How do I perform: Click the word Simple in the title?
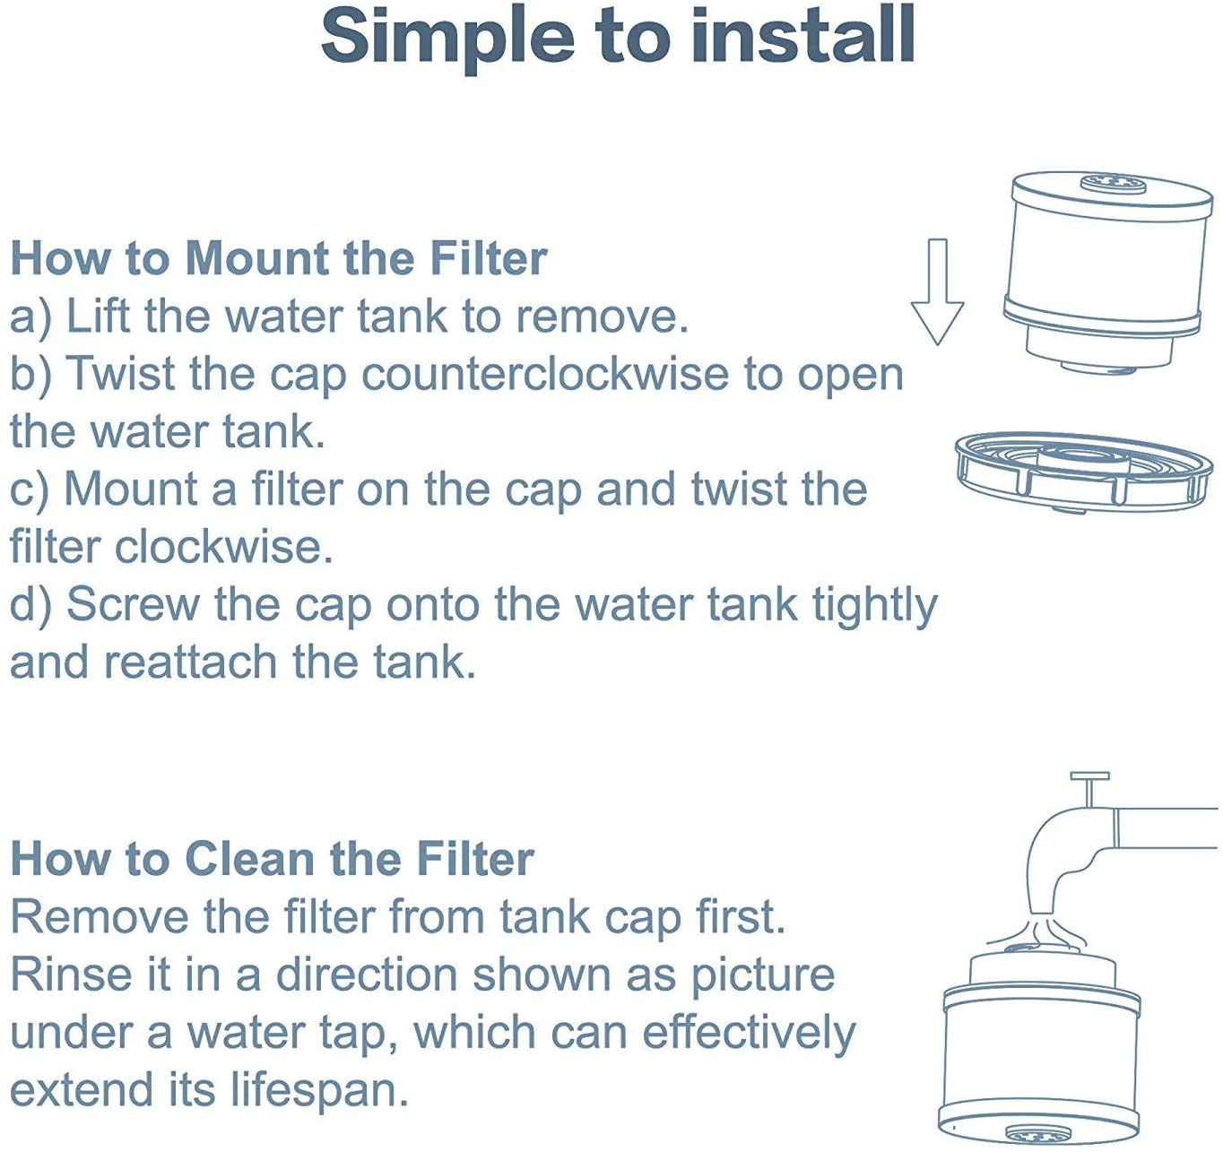coord(447,39)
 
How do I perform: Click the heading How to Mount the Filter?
coord(279,258)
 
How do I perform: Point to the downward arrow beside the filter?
coord(937,291)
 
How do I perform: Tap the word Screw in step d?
coord(132,604)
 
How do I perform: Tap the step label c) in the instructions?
coord(29,490)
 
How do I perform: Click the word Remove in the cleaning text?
coord(100,917)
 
